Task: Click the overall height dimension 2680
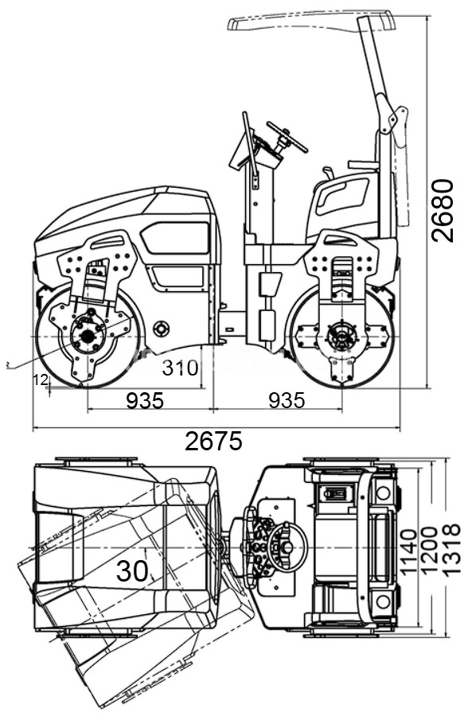click(x=443, y=210)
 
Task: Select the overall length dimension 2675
click(x=213, y=442)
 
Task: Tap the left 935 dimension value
click(x=145, y=400)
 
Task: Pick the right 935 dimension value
click(x=287, y=400)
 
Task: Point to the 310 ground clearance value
click(x=181, y=368)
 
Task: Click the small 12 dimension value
click(x=41, y=379)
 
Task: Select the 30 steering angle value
click(x=132, y=570)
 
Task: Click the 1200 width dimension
click(x=429, y=550)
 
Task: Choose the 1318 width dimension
click(x=450, y=548)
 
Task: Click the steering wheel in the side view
click(x=287, y=136)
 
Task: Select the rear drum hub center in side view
click(x=341, y=337)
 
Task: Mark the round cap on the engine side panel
click(x=162, y=329)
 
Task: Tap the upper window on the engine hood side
click(x=174, y=237)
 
